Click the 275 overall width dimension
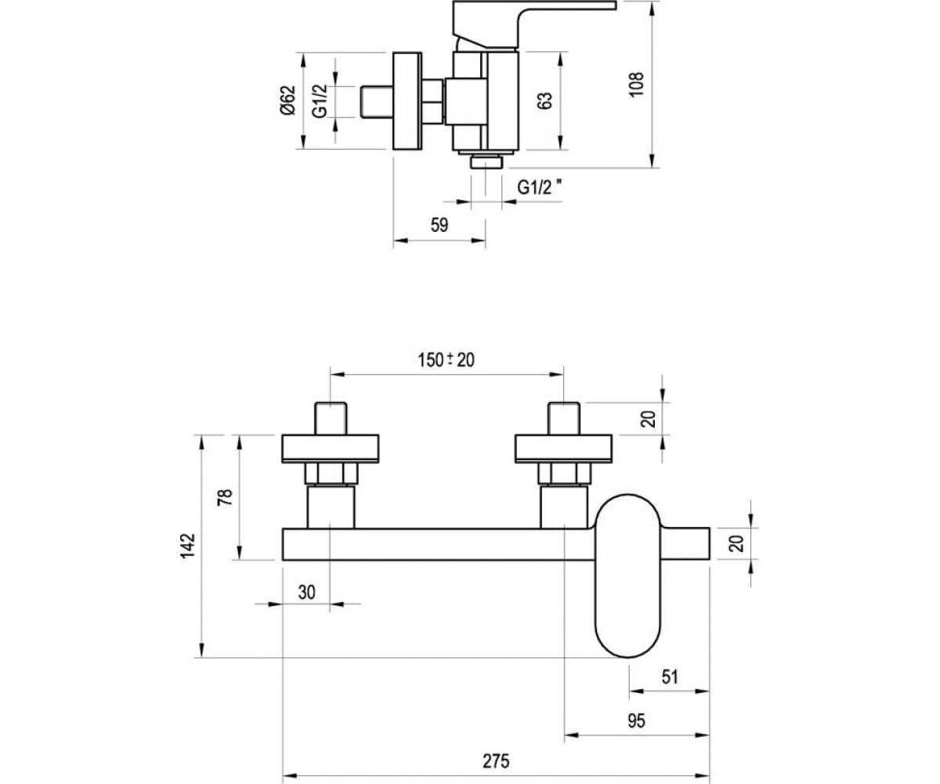pos(496,761)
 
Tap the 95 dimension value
pos(636,721)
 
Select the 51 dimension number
pos(670,677)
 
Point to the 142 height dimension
pos(188,546)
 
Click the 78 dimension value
pos(225,497)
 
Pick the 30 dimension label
pos(306,592)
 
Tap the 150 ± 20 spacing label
pos(446,360)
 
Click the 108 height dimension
pos(636,84)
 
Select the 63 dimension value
pos(544,100)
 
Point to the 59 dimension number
pos(439,225)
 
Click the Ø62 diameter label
pos(287,100)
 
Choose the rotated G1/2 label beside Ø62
pos(320,101)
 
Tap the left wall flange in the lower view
pos(331,448)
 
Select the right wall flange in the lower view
pos(564,448)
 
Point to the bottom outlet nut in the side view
pos(486,162)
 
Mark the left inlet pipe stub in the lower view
pos(331,419)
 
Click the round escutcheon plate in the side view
pos(407,101)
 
